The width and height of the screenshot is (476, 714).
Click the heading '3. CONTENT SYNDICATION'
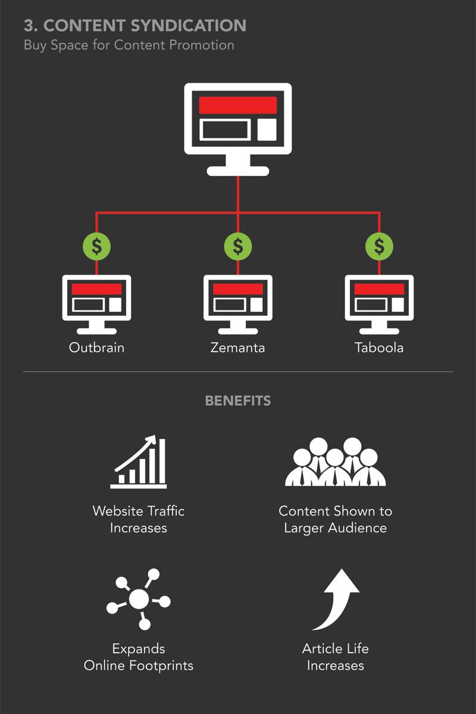135,26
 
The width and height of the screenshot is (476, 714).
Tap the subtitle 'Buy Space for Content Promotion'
129,45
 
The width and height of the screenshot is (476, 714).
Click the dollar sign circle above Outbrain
96,246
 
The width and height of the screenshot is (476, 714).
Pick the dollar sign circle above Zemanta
238,246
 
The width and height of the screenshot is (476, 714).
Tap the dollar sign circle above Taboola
379,246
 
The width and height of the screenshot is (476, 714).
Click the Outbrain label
96,347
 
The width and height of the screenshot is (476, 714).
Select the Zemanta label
238,347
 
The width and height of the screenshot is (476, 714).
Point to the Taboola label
379,347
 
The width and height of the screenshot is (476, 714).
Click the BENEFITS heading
238,401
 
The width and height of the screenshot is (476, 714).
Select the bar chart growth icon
139,462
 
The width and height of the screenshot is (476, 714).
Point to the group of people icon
335,462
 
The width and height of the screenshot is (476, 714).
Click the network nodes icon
139,598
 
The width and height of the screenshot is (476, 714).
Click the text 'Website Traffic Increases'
139,519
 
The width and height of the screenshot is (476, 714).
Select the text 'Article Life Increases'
336,657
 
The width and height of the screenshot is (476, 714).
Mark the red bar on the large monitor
238,105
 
